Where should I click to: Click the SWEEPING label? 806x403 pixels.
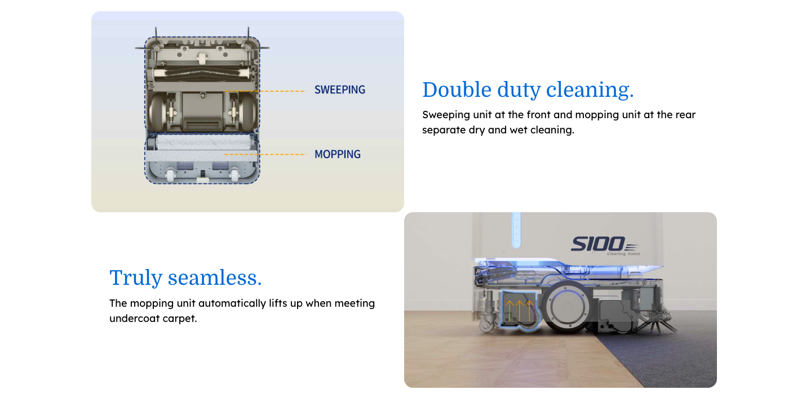pyautogui.click(x=340, y=90)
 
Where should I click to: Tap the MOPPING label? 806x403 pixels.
pyautogui.click(x=338, y=154)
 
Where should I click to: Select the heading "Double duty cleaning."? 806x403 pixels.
pyautogui.click(x=528, y=90)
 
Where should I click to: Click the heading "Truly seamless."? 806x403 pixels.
pyautogui.click(x=185, y=277)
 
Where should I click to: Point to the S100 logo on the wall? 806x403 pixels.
pyautogui.click(x=604, y=245)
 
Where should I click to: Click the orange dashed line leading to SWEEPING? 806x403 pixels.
pyautogui.click(x=265, y=91)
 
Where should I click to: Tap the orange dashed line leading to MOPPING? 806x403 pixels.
pyautogui.click(x=265, y=154)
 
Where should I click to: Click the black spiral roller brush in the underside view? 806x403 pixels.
pyautogui.click(x=202, y=73)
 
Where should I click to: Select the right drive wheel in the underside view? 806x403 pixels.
pyautogui.click(x=247, y=112)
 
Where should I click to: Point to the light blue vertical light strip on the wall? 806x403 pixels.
pyautogui.click(x=516, y=230)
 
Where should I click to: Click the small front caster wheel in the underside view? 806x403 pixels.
pyautogui.click(x=202, y=57)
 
